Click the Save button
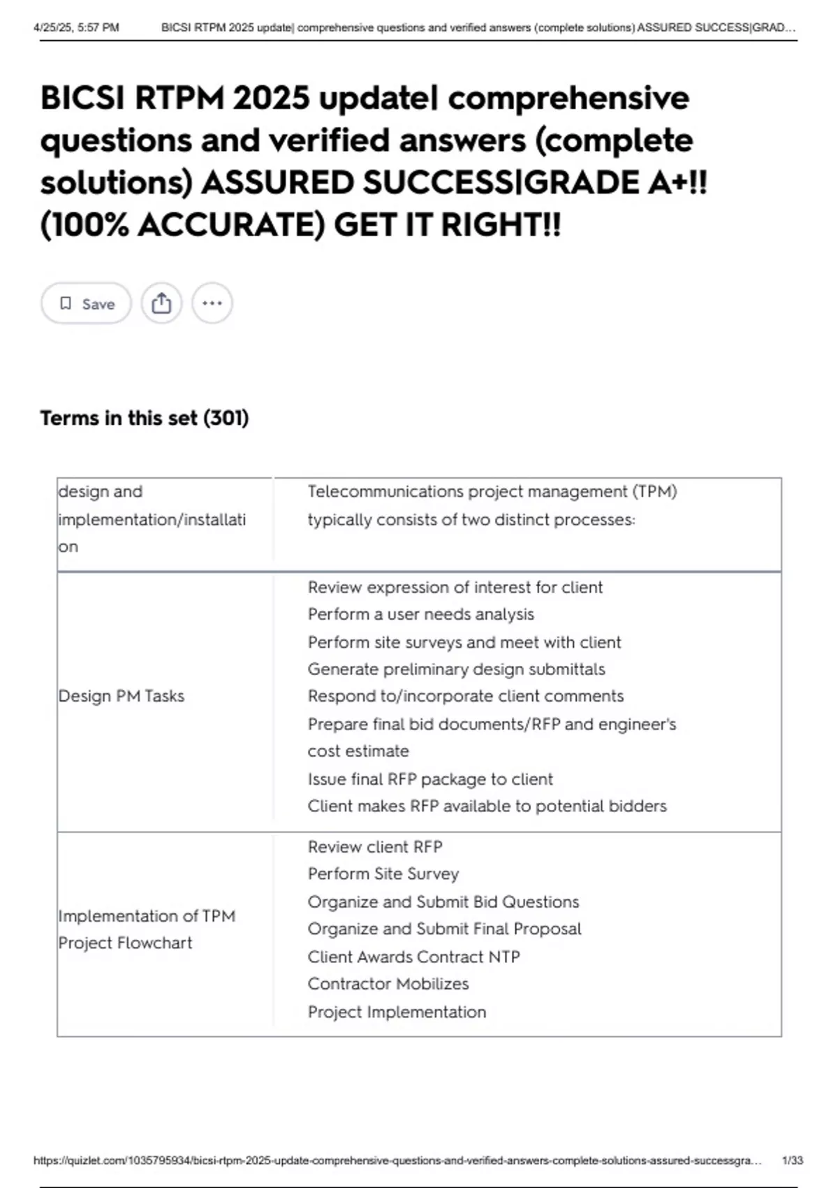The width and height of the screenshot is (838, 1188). [86, 303]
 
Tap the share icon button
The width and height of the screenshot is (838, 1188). [161, 303]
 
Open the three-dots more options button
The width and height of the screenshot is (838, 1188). [212, 303]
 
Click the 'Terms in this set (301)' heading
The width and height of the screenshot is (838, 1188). [144, 418]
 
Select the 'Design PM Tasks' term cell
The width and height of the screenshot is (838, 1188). [122, 696]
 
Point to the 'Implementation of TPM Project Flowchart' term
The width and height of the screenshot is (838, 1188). [146, 929]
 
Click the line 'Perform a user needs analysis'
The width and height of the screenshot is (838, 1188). [420, 614]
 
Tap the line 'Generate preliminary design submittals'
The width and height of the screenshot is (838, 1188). [456, 669]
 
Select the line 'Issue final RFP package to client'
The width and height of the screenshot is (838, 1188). [429, 778]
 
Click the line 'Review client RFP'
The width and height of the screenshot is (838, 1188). [375, 847]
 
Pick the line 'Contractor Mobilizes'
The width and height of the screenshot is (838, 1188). [388, 984]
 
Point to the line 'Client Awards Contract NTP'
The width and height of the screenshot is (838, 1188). [413, 957]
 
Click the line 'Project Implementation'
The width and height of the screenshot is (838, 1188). [397, 1012]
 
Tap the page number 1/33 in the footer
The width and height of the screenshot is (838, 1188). [793, 1161]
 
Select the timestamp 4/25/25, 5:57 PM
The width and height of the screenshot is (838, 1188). [76, 28]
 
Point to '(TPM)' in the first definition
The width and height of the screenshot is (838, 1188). [654, 491]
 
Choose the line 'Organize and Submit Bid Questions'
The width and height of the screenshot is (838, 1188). [443, 902]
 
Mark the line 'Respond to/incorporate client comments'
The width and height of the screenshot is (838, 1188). [465, 696]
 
